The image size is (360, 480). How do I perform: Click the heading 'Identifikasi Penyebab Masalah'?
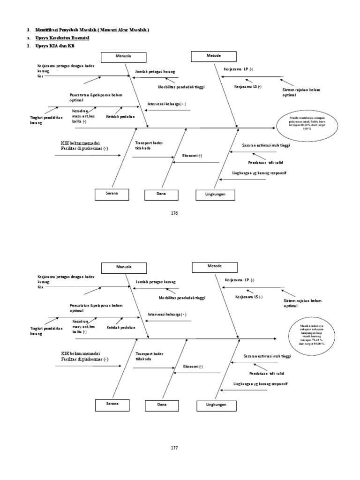pos(92,30)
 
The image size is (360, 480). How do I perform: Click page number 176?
pos(175,213)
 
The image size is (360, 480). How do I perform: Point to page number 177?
pos(175,448)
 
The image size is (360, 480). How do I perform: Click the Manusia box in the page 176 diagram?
pos(124,57)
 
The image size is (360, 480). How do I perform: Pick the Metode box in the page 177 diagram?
pos(214,266)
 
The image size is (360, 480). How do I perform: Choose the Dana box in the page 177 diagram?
pos(162,404)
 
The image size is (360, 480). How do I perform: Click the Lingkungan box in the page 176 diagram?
pos(216,194)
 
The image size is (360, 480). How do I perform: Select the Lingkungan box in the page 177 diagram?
pos(216,404)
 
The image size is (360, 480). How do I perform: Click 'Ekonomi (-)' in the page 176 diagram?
pos(193,156)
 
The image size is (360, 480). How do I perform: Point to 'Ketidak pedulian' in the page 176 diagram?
pos(120,116)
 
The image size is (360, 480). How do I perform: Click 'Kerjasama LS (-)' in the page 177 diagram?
pos(249,297)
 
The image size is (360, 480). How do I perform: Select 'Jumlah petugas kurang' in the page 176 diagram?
pos(155,72)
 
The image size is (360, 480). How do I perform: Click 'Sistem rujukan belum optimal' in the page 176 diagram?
pos(301,92)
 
